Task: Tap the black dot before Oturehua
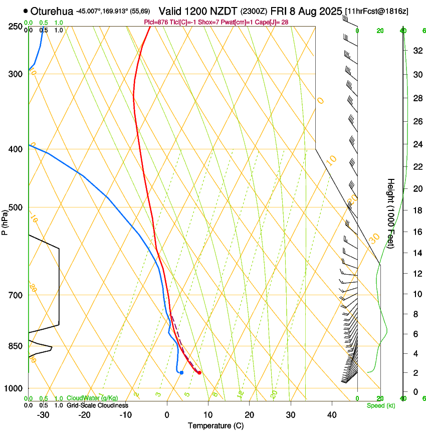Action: [x=26, y=11]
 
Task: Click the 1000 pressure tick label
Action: [x=13, y=388]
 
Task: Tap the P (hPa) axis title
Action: [x=5, y=221]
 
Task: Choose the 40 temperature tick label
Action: [x=332, y=415]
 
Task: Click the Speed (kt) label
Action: [x=380, y=405]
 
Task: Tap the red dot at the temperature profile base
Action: [x=199, y=372]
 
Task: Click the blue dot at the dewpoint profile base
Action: [x=181, y=372]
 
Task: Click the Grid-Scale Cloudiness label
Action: [x=97, y=405]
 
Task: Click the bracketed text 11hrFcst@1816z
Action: [x=376, y=11]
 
